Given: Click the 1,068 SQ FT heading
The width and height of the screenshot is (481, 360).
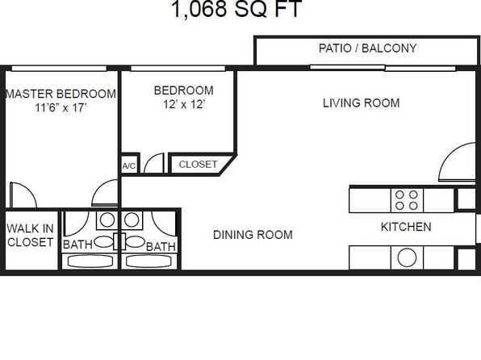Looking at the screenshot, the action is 236,9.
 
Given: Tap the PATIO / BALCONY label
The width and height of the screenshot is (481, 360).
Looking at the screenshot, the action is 367,48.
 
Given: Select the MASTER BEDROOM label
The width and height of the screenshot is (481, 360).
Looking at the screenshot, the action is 61,94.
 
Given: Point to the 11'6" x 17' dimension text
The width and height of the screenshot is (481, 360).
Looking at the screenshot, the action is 61,107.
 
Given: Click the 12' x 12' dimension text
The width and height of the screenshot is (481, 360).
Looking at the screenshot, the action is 184,104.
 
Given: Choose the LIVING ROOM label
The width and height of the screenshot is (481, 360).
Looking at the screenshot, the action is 361,103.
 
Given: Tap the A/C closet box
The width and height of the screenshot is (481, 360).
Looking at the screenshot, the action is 129,165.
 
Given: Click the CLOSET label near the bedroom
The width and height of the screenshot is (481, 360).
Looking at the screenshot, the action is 198,164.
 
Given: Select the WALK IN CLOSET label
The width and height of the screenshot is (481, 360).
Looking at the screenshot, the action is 30,235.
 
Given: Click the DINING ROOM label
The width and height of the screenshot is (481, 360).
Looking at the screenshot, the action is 253,235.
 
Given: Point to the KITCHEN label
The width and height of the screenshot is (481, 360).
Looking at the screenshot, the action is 406,227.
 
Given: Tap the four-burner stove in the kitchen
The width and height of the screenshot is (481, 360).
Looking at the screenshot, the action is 407,200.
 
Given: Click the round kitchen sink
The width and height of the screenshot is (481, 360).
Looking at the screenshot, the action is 407,257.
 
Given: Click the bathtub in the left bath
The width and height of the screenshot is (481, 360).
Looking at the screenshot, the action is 90,262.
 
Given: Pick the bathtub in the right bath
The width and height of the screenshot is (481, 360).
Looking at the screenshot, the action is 148,262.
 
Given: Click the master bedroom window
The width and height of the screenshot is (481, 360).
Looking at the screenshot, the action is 59,69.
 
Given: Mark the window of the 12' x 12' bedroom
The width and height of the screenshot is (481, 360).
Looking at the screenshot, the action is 178,69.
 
